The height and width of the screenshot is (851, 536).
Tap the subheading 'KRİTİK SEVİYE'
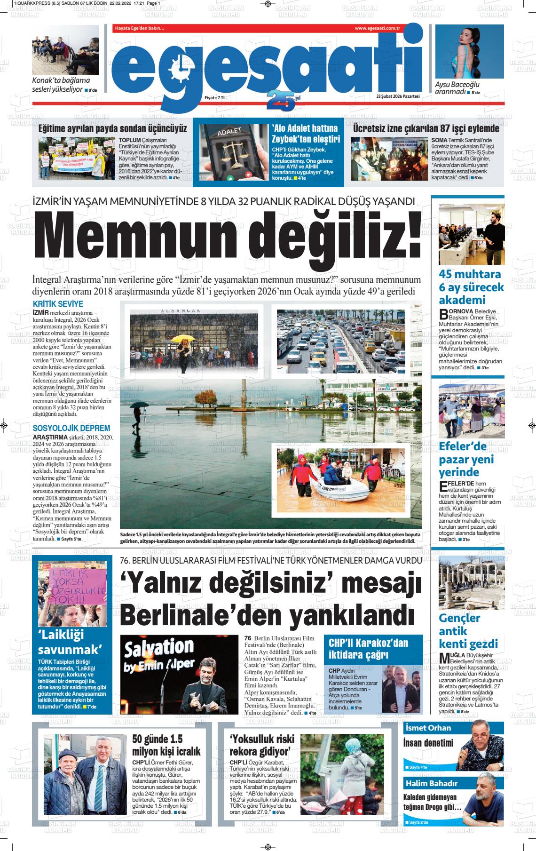point(58,304)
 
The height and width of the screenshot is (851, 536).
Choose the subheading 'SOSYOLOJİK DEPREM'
point(71,428)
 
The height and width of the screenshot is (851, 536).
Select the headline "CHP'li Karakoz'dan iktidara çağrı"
point(368,649)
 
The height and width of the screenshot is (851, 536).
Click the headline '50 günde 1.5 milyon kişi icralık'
point(166,744)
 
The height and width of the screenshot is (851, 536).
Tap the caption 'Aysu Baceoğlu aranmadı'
point(457,88)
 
